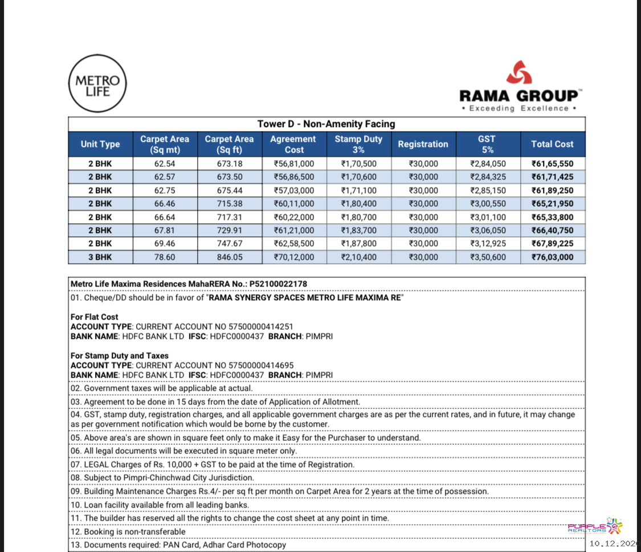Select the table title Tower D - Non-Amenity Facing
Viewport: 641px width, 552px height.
click(x=326, y=124)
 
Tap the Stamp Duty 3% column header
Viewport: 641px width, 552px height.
click(x=358, y=144)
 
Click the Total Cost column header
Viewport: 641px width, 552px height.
click(x=552, y=144)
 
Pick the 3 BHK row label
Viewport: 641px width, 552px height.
click(x=100, y=257)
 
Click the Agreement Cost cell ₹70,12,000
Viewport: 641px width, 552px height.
click(x=294, y=257)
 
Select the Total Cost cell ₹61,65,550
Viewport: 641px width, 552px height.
click(x=552, y=164)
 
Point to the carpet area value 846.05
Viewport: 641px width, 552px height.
click(x=230, y=257)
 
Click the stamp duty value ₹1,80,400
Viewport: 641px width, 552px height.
click(x=358, y=204)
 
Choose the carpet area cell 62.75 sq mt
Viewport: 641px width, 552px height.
click(x=165, y=190)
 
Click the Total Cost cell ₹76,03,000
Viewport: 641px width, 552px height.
click(x=552, y=257)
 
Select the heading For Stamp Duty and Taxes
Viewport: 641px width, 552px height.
click(x=120, y=355)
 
